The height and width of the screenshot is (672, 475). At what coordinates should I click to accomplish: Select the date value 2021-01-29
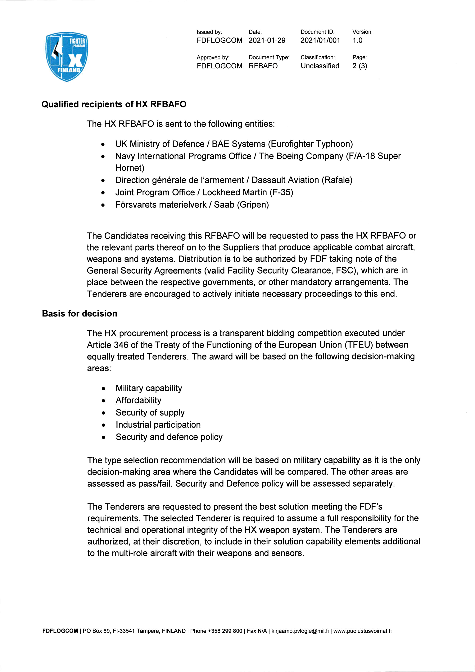point(267,40)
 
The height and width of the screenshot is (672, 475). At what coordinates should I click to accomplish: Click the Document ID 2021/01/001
point(320,40)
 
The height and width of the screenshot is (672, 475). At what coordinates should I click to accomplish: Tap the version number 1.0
point(357,40)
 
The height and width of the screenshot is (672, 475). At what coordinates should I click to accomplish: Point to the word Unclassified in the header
point(320,66)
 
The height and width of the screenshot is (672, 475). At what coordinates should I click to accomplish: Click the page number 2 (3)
point(360,66)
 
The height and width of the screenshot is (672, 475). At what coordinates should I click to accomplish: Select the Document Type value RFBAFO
point(263,66)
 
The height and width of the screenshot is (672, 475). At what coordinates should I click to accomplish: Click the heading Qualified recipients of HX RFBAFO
point(114,104)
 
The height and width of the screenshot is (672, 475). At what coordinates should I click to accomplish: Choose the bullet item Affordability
point(138,400)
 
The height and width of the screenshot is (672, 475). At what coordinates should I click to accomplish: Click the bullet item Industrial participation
point(158,425)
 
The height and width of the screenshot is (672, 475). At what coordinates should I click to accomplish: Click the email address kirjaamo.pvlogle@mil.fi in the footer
point(300,631)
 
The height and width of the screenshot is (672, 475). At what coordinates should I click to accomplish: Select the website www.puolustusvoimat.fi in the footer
point(362,631)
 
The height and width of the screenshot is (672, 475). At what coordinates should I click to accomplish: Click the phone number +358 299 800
point(225,631)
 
